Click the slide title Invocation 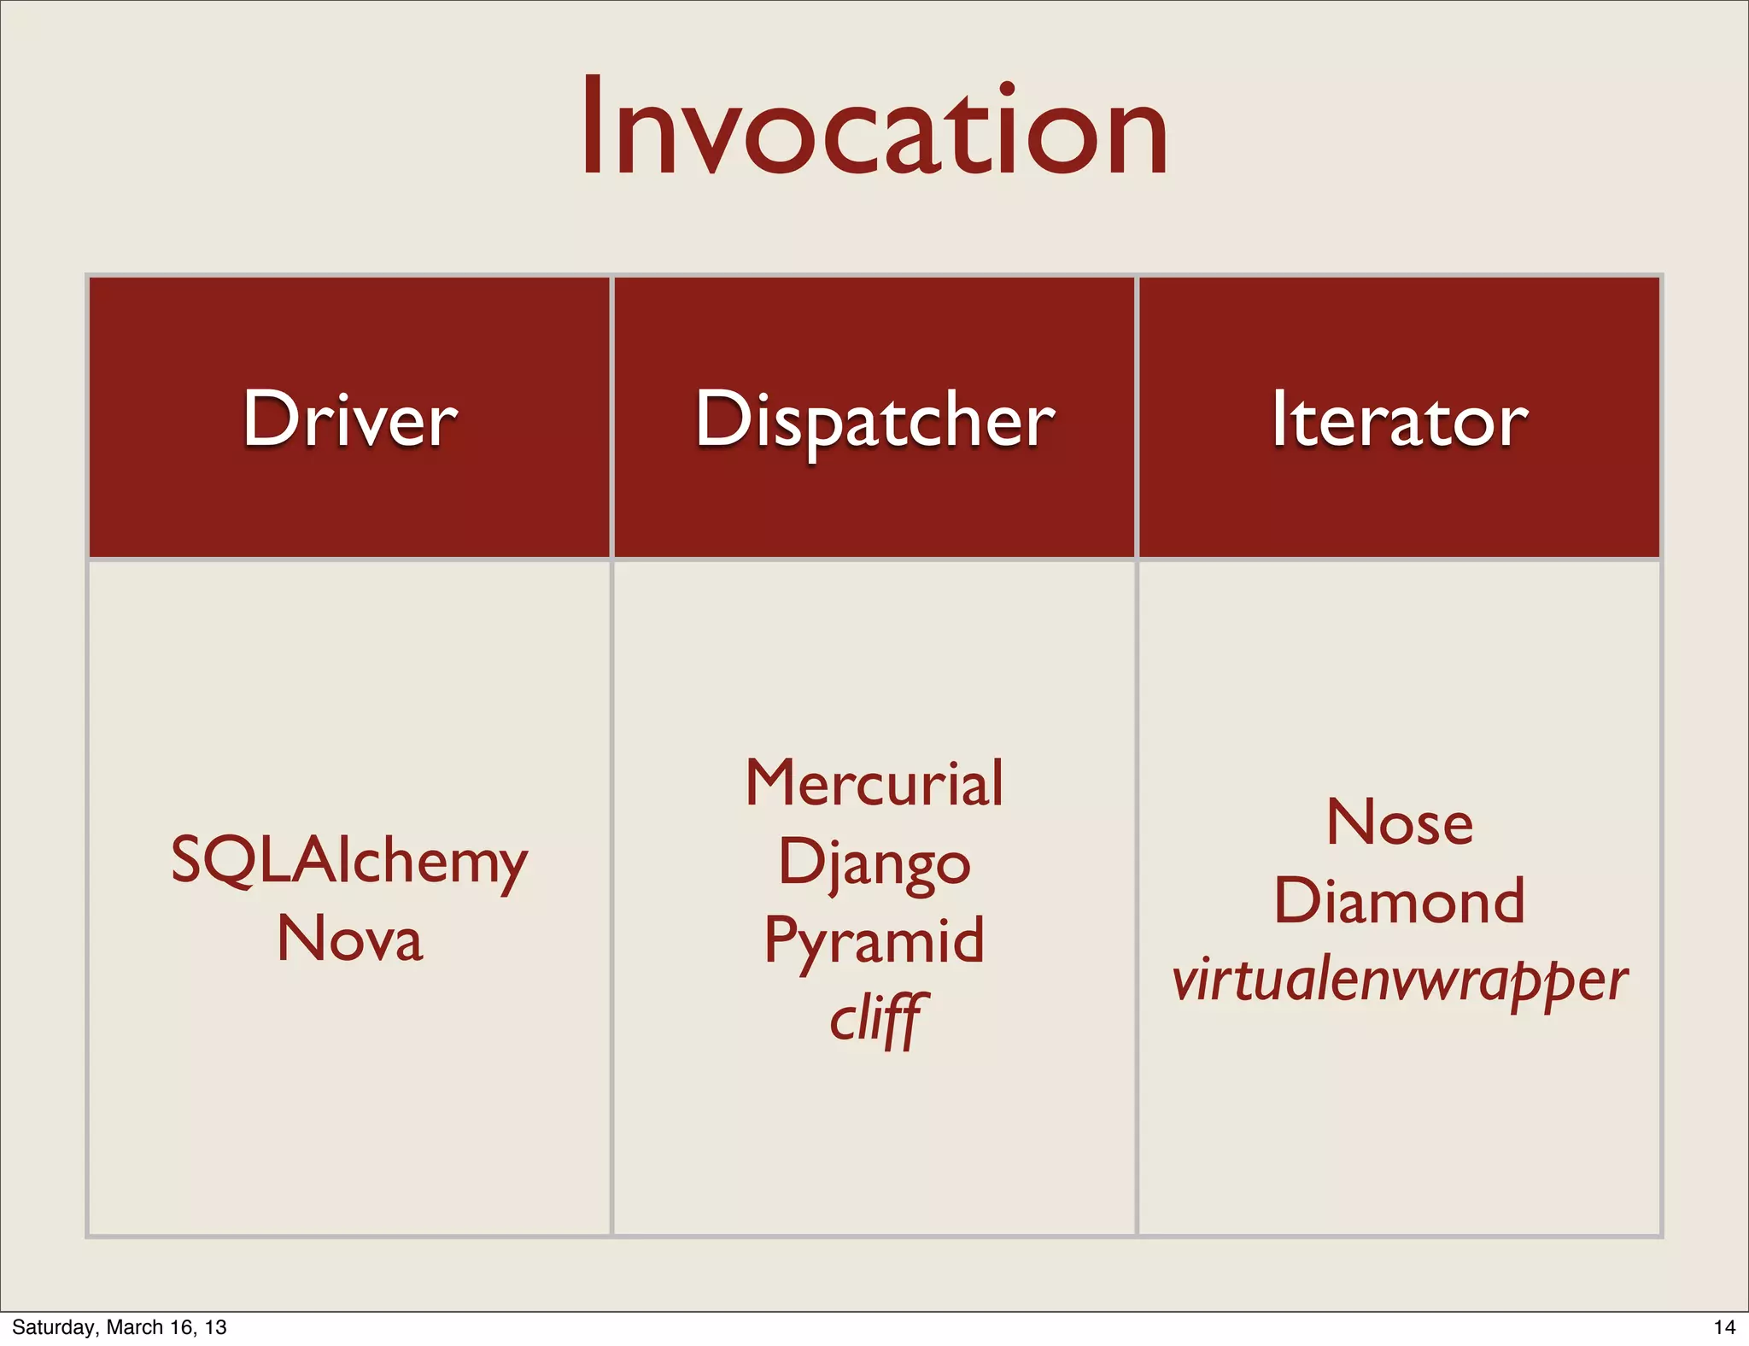[874, 128]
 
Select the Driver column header [350, 418]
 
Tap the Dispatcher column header [874, 420]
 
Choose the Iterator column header [1399, 418]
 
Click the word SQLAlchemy [349, 861]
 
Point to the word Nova [350, 939]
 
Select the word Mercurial [874, 782]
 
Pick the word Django [874, 863]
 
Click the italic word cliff [874, 1018]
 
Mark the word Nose [1400, 822]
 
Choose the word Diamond [1399, 901]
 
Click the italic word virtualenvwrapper [1399, 980]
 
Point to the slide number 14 [1724, 1327]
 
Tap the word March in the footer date [134, 1327]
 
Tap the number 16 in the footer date [182, 1327]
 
